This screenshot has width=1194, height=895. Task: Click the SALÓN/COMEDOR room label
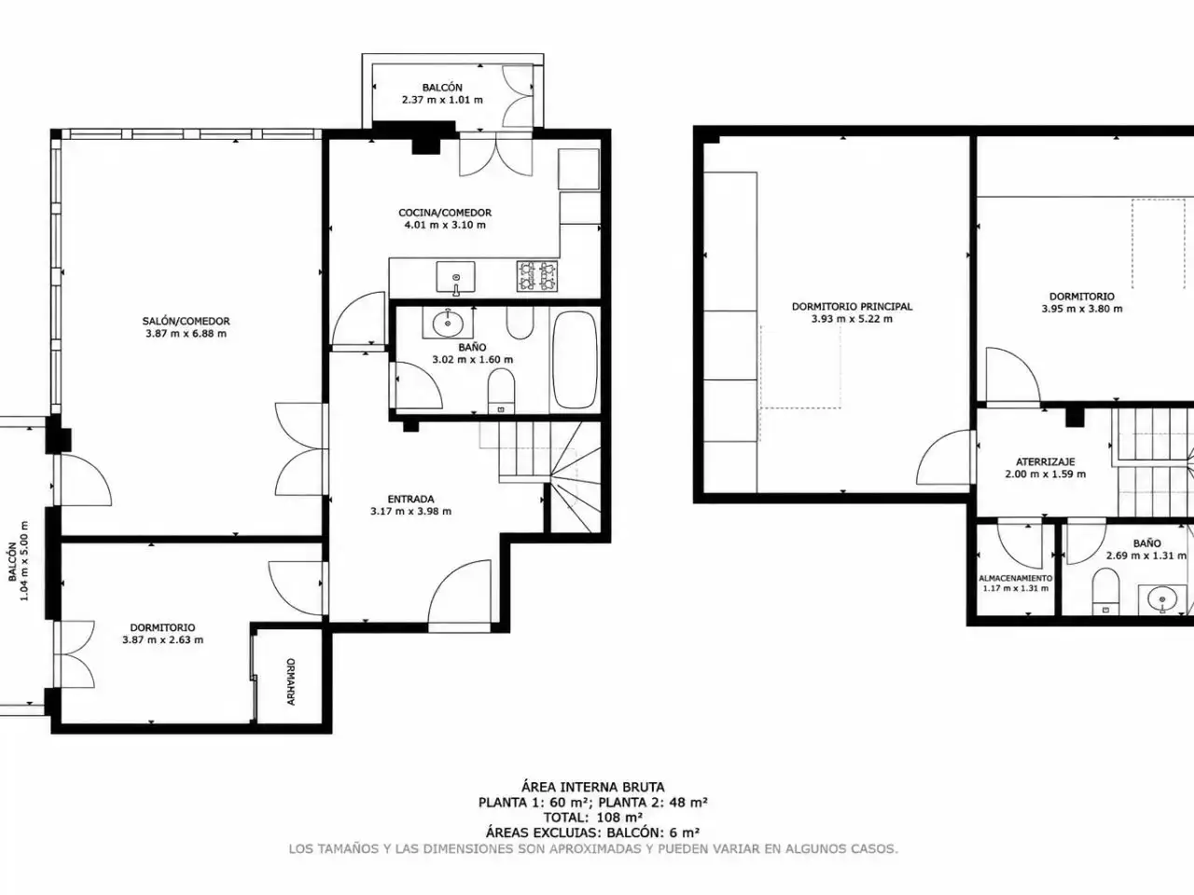[x=186, y=321]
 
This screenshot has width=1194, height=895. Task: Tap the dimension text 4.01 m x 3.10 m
[x=445, y=225]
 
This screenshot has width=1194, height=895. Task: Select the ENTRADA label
[x=410, y=499]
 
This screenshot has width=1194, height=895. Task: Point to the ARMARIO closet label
[x=291, y=682]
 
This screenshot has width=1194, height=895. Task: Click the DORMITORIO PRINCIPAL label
[x=852, y=307]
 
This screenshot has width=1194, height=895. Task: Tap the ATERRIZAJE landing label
[x=1045, y=461]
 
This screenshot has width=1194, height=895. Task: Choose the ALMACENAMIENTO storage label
[x=1016, y=578]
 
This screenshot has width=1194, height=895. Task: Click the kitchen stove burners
[x=537, y=276]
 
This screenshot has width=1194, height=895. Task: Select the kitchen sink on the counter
[x=455, y=277]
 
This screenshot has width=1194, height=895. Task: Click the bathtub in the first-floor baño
[x=575, y=359]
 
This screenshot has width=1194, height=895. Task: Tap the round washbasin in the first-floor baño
[x=448, y=324]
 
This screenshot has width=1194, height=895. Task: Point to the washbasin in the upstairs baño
[x=1162, y=599]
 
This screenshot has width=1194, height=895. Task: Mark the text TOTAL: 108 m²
[x=592, y=817]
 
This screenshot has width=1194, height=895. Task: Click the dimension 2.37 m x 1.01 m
[x=442, y=100]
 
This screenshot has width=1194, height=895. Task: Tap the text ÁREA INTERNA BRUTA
[x=592, y=787]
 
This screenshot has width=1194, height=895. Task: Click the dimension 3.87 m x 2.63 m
[x=162, y=640]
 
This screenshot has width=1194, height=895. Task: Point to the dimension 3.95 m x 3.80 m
[x=1081, y=309]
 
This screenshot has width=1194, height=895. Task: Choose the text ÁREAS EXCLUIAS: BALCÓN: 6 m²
[x=592, y=832]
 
